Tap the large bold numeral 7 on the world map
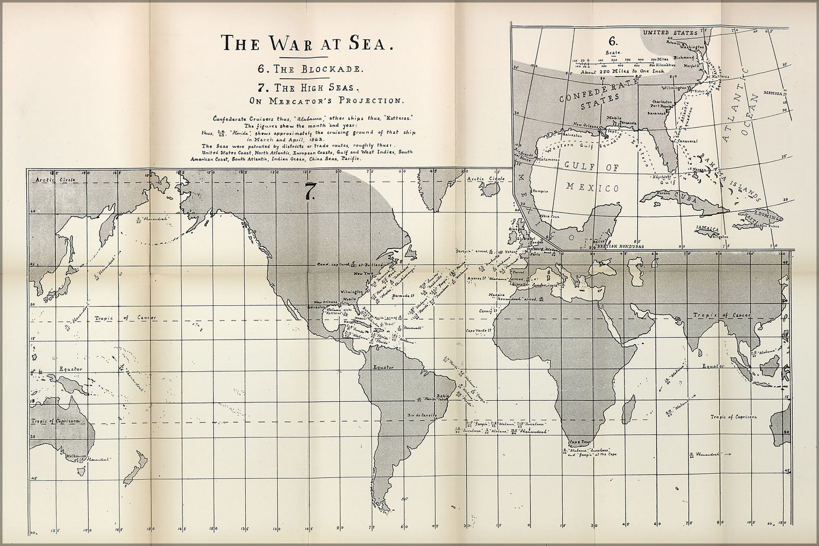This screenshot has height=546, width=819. [x=309, y=192]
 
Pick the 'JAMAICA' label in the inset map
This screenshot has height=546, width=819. [x=706, y=228]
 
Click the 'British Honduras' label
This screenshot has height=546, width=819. [x=620, y=247]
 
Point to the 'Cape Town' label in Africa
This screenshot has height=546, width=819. [x=580, y=442]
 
